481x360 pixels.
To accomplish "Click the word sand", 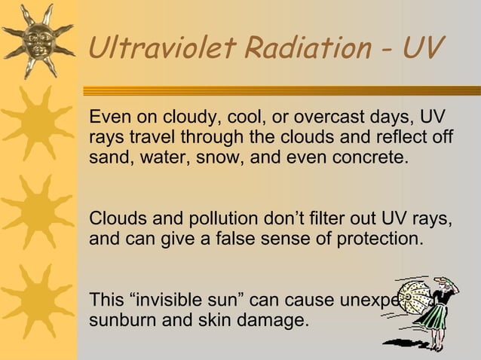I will pos(106,160).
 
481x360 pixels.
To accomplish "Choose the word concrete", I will pos(366,160).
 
